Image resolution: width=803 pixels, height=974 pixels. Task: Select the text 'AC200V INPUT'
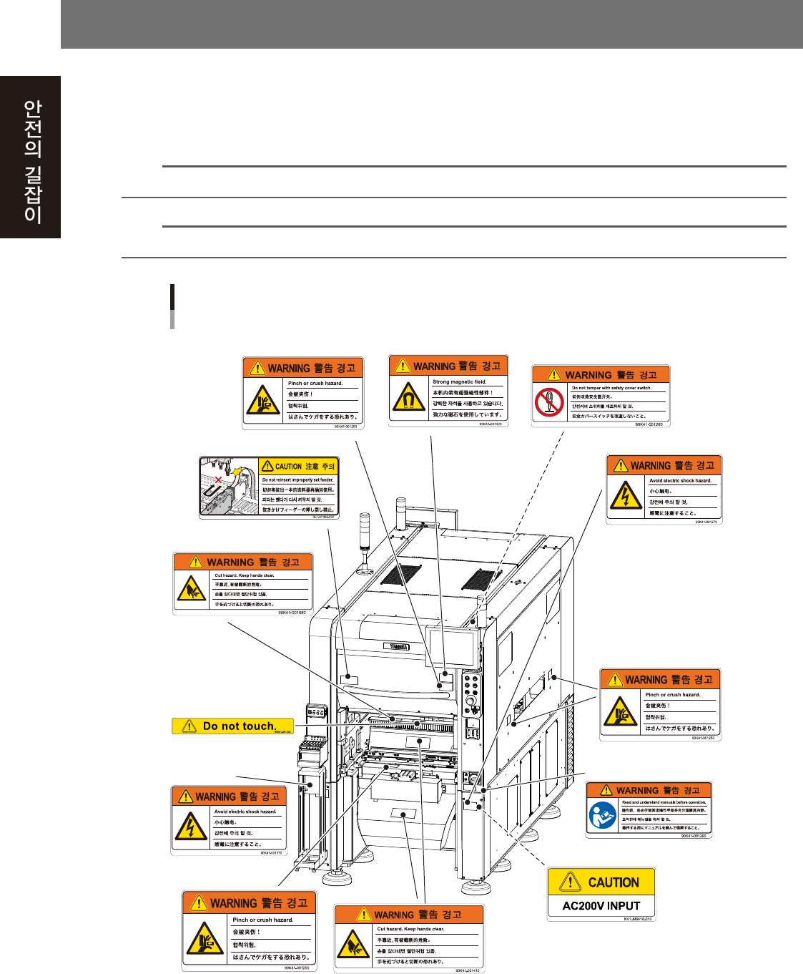(601, 905)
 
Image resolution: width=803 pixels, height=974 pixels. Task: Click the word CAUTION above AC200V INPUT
(614, 882)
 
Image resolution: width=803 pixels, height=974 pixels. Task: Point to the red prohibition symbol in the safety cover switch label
(550, 402)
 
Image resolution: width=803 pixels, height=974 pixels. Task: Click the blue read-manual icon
(603, 814)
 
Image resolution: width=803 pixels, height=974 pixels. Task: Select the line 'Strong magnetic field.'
(459, 382)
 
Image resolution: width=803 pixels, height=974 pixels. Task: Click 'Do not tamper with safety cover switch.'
(611, 388)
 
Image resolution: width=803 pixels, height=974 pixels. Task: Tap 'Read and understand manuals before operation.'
(664, 802)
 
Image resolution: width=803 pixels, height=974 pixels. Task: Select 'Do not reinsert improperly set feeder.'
(297, 480)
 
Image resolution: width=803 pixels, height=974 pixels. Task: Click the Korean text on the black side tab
(32, 160)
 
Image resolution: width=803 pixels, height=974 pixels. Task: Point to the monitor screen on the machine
(451, 647)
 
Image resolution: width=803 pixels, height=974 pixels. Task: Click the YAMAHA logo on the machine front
(395, 646)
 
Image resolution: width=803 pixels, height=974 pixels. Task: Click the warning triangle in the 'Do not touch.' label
(189, 726)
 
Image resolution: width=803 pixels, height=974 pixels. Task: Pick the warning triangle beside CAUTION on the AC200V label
(570, 882)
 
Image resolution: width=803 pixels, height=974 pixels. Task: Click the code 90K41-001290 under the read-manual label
(693, 836)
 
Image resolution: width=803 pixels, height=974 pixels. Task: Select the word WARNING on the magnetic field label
(434, 366)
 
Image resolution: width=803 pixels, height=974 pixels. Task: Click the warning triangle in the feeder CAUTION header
(267, 466)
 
